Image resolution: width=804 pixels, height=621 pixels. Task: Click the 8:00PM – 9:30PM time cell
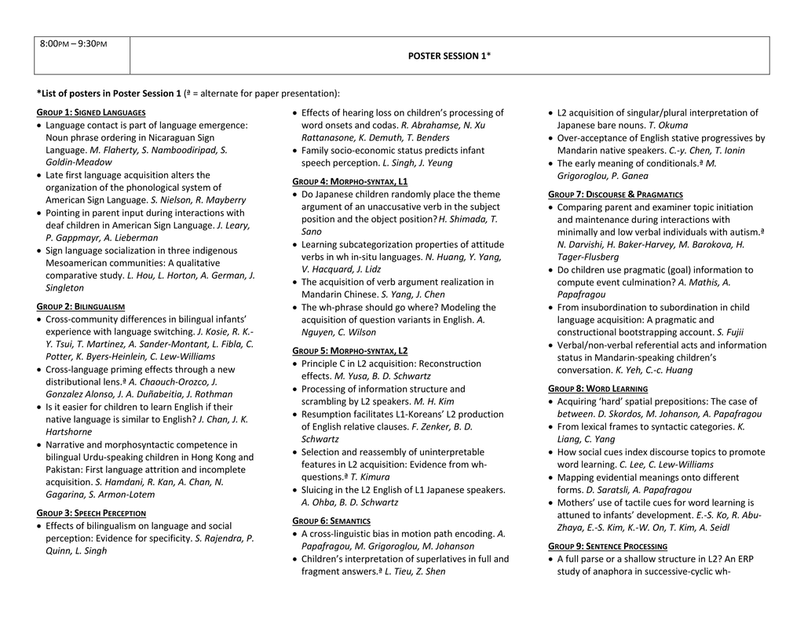tap(73, 43)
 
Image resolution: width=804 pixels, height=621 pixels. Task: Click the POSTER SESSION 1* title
tap(449, 56)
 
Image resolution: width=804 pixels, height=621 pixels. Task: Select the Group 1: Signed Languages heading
tap(91, 112)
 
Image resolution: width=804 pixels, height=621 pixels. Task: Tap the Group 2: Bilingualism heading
tap(81, 306)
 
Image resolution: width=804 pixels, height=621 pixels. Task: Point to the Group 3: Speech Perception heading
tap(91, 513)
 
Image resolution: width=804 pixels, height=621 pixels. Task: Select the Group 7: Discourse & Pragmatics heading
tap(615, 194)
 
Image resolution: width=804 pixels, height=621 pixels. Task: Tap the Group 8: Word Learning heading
tap(598, 389)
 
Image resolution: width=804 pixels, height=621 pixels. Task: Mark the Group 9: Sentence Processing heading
tap(608, 546)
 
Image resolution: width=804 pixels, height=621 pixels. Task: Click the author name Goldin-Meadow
tap(79, 163)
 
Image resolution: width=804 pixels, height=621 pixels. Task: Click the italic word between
tap(576, 414)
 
